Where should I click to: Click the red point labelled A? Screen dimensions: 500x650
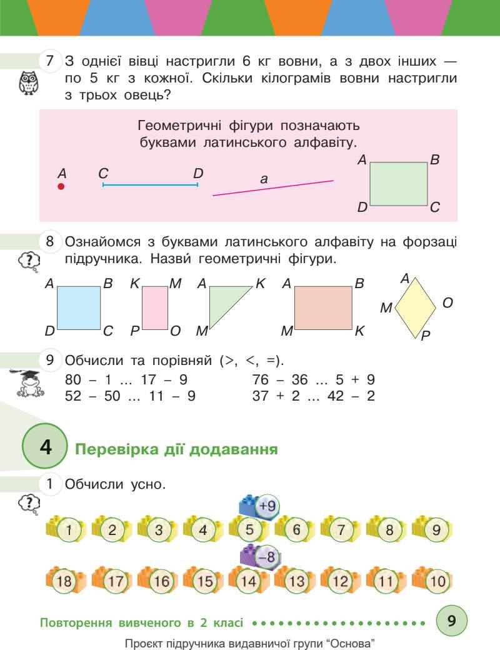(x=61, y=186)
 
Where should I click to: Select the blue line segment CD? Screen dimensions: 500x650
(x=150, y=185)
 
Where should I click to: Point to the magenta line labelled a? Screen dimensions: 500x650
(x=273, y=188)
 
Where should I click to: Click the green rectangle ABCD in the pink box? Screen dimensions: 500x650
(x=398, y=184)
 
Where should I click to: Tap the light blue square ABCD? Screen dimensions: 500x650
(x=79, y=307)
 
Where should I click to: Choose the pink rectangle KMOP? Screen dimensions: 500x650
(x=155, y=307)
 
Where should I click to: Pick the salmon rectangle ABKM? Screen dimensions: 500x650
(x=324, y=307)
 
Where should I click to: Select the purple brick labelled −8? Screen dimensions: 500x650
(x=259, y=555)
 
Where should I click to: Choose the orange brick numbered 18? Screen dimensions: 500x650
(x=64, y=581)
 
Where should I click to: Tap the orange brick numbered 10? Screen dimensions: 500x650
(x=434, y=581)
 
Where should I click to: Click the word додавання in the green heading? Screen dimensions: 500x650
(x=234, y=449)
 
